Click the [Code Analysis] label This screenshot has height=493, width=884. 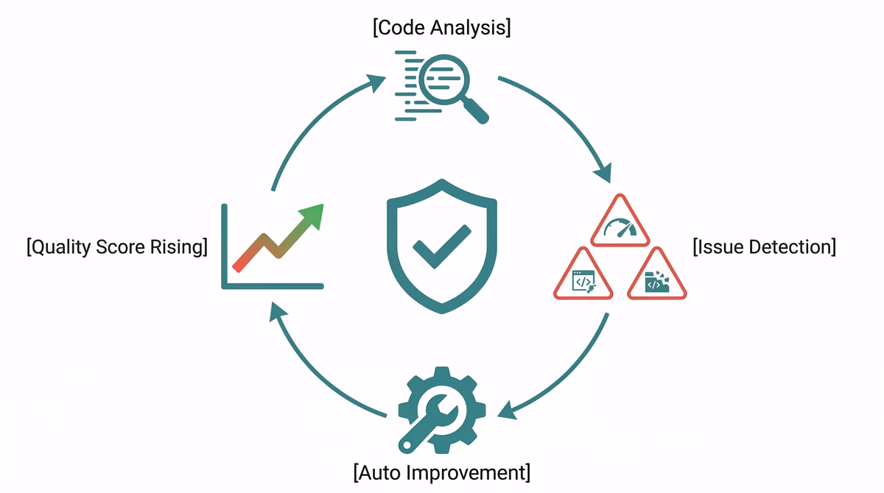442,29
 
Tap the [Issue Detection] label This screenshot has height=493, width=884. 765,246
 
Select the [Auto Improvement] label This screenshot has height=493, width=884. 442,471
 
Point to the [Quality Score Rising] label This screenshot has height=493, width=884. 116,246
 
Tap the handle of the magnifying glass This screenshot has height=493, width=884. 475,110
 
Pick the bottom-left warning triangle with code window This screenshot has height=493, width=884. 583,277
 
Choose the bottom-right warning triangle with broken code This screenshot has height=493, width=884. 656,277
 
